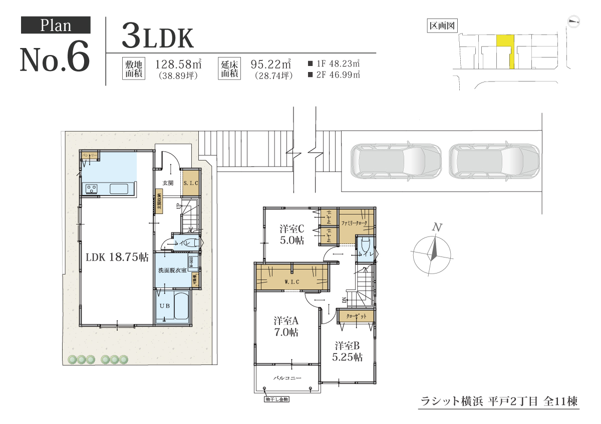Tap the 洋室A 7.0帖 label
click(x=286, y=325)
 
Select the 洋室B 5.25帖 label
click(x=348, y=351)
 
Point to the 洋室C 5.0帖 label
click(x=292, y=234)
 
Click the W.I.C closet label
click(x=291, y=282)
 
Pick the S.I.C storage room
click(x=191, y=183)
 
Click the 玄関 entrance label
click(x=168, y=183)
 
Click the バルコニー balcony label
click(x=287, y=378)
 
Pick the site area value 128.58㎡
click(x=178, y=64)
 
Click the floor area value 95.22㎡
click(x=271, y=64)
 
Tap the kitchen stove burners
click(x=92, y=188)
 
